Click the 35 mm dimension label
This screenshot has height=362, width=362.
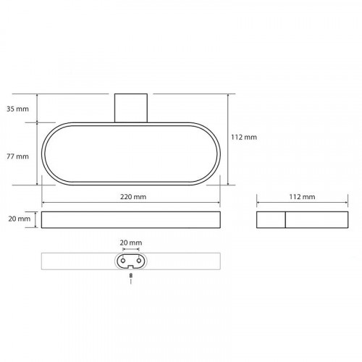click(17, 109)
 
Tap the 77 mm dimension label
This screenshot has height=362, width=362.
click(17, 156)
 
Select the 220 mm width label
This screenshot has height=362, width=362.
click(133, 197)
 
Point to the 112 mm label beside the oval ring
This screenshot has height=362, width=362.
click(244, 137)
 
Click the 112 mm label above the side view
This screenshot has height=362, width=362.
click(302, 197)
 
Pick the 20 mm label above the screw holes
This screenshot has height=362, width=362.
click(131, 243)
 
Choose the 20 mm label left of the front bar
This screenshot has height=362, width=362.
click(20, 219)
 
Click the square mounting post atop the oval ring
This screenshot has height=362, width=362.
click(131, 108)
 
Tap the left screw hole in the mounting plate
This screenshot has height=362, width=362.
click(123, 261)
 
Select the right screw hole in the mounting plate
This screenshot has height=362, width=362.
click(139, 261)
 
